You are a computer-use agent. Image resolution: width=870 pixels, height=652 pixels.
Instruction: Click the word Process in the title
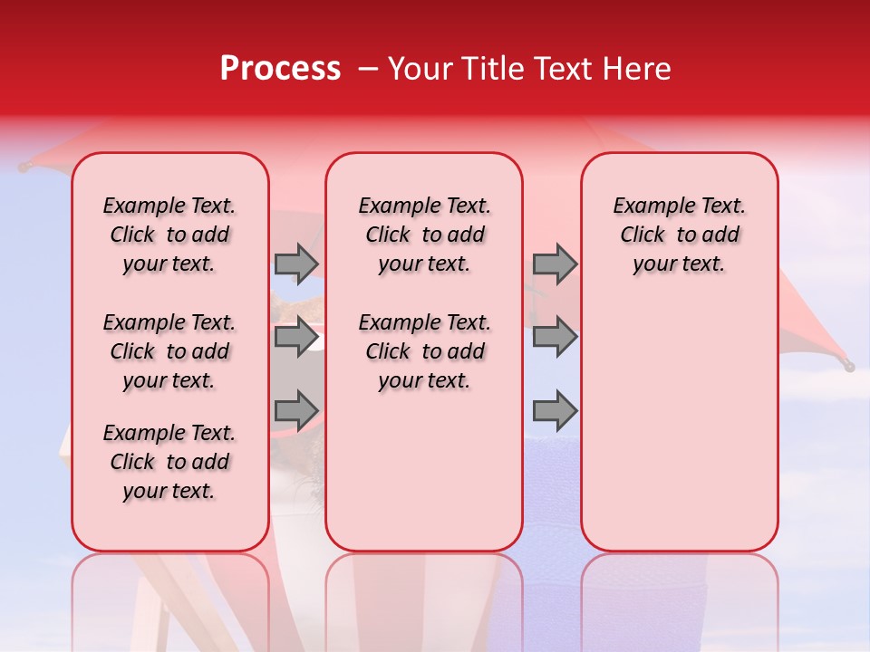click(x=280, y=69)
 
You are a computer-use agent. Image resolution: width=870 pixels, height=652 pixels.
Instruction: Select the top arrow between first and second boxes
click(x=296, y=264)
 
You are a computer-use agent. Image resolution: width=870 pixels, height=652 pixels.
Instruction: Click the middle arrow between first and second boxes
click(x=296, y=337)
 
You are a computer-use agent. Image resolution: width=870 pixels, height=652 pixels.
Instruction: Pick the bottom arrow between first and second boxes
click(x=296, y=411)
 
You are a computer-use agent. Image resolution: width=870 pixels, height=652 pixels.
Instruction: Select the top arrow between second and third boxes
click(x=555, y=264)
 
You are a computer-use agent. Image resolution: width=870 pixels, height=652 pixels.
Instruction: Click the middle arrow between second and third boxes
click(x=555, y=337)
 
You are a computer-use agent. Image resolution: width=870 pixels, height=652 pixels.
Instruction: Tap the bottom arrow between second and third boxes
click(x=555, y=411)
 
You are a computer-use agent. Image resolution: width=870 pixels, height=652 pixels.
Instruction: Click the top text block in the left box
click(x=169, y=235)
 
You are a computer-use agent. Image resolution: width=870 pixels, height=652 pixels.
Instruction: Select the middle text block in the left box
click(x=169, y=351)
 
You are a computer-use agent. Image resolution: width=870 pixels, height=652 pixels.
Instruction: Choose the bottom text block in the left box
click(x=169, y=462)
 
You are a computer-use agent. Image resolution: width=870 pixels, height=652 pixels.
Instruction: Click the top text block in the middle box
click(x=424, y=235)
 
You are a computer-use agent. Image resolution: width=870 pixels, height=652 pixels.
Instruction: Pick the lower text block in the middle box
click(x=424, y=351)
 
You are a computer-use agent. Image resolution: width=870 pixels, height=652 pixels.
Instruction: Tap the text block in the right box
click(x=679, y=235)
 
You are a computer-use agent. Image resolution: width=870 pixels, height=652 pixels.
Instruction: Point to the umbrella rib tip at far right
click(x=848, y=366)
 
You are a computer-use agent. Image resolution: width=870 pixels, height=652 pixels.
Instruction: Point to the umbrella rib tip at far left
click(x=24, y=168)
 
